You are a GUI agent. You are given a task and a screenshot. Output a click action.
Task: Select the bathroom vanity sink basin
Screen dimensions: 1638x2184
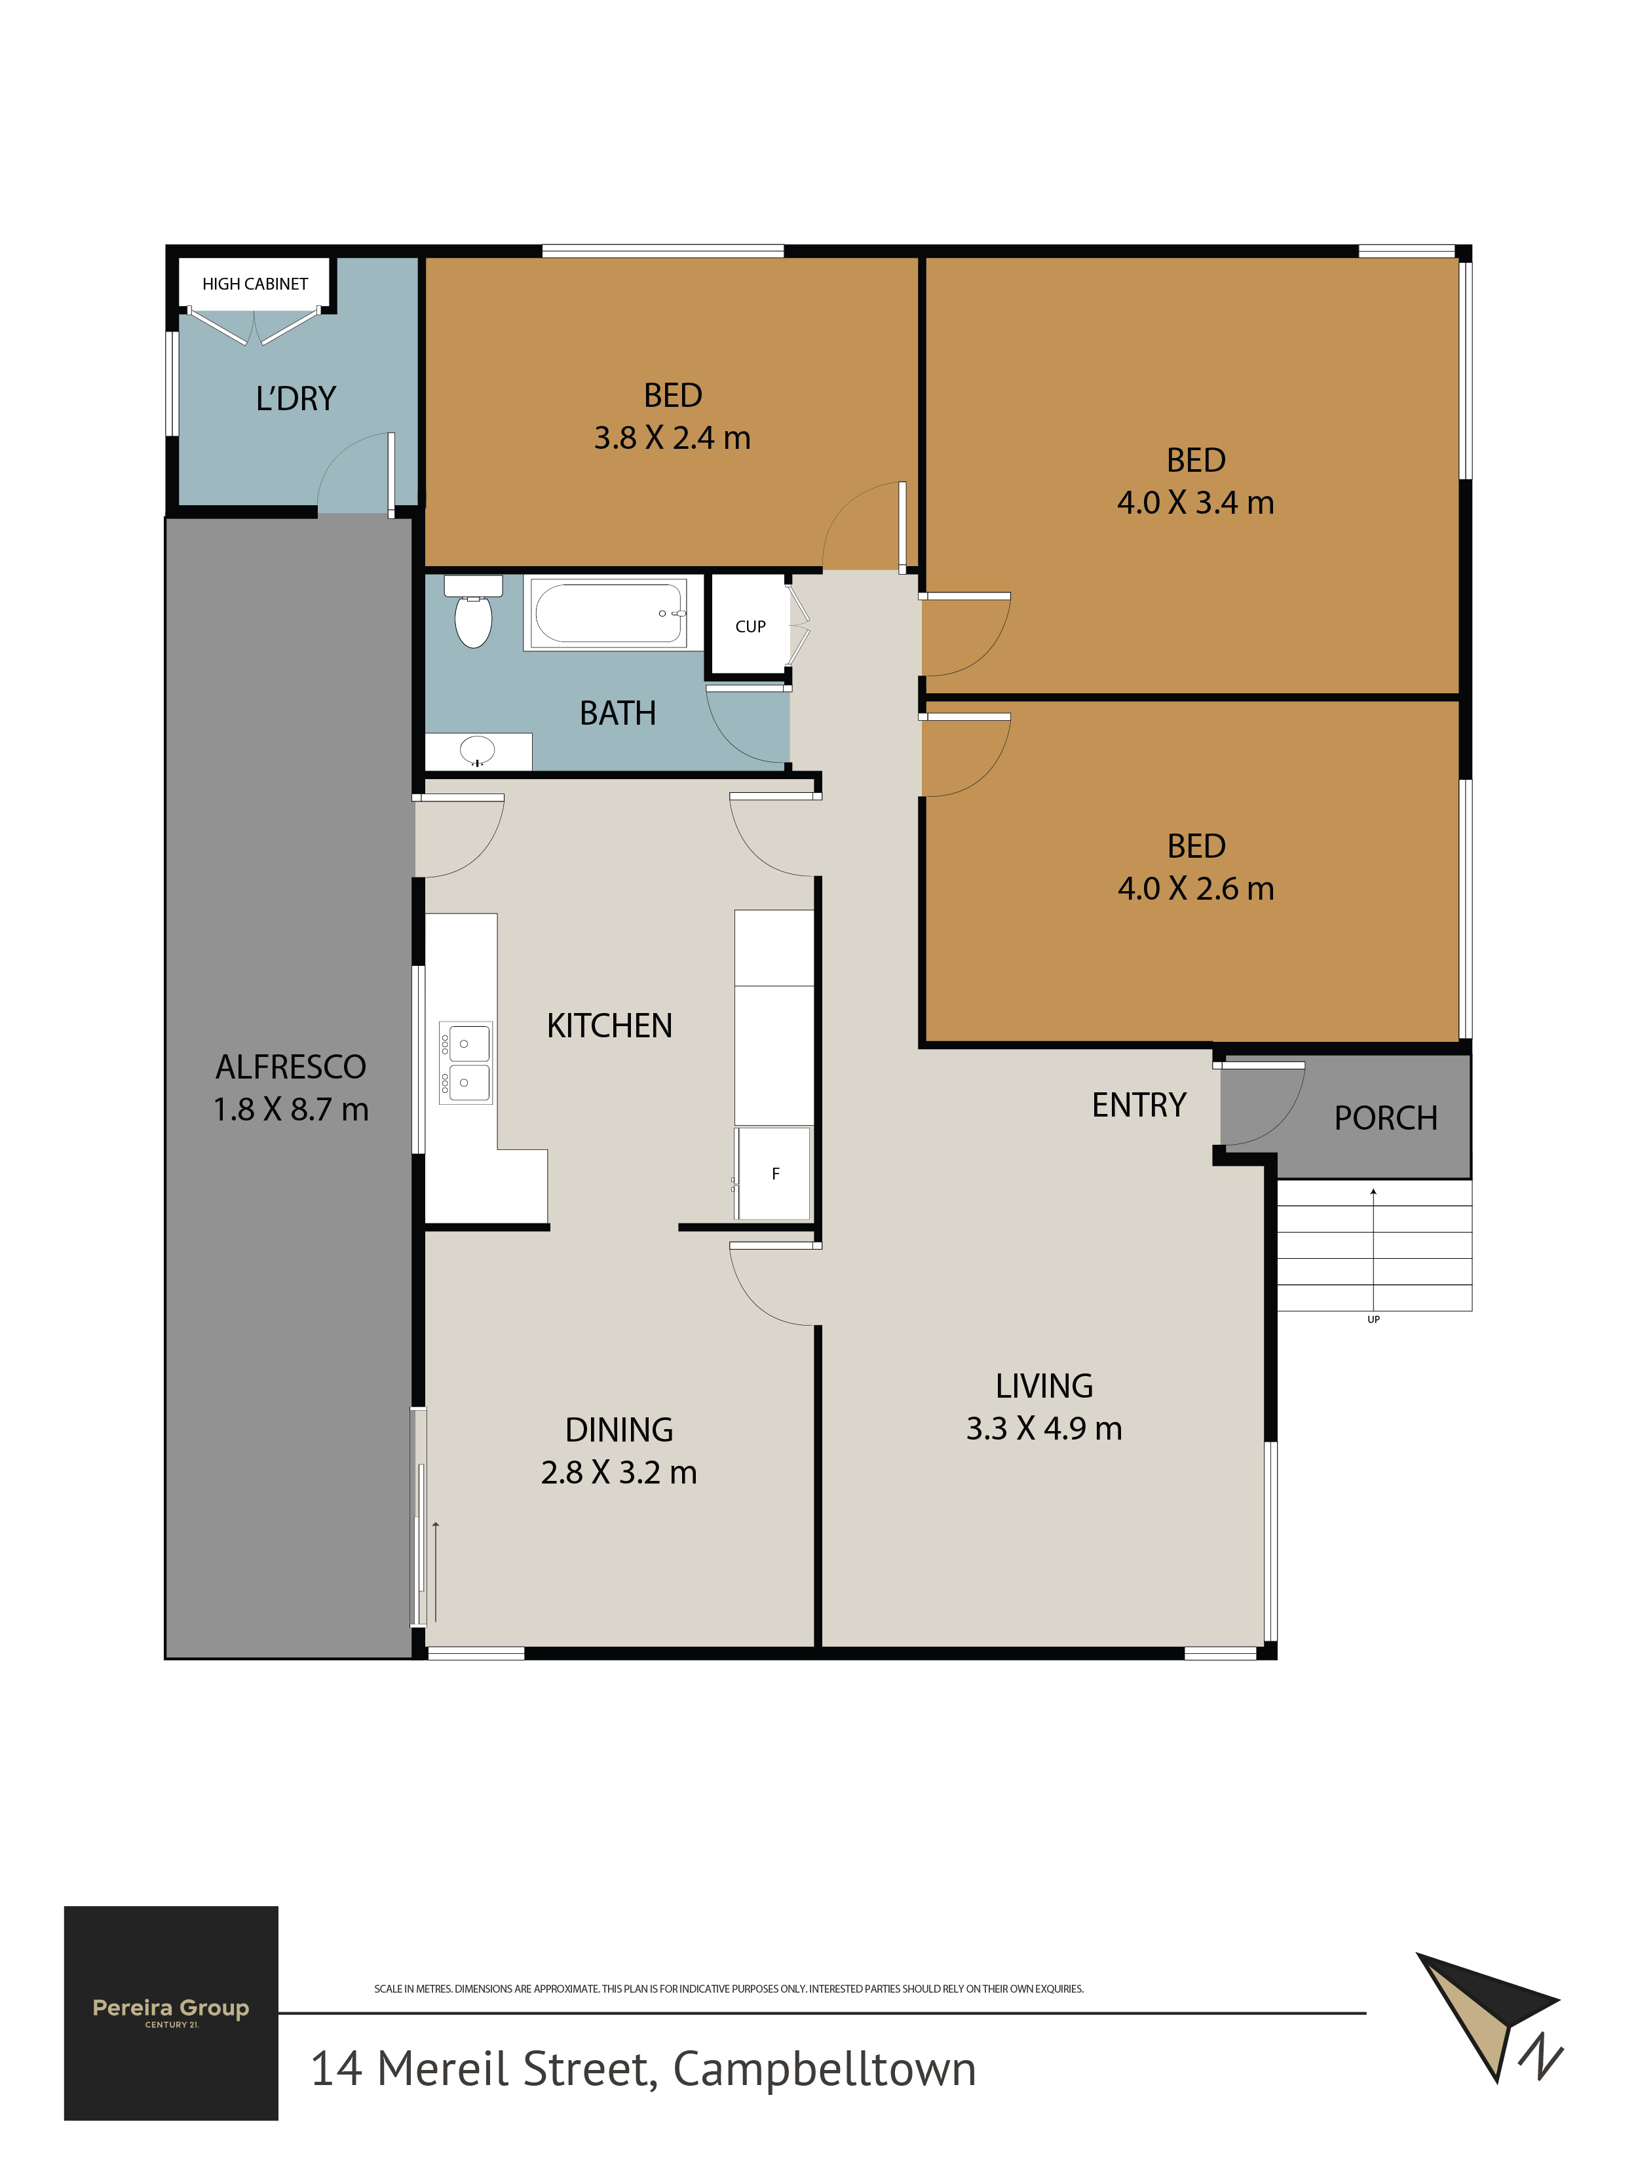pyautogui.click(x=478, y=750)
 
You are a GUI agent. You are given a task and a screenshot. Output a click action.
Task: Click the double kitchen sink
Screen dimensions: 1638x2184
pyautogui.click(x=465, y=1062)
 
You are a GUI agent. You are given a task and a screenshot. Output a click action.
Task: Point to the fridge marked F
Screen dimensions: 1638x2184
pyautogui.click(x=773, y=1173)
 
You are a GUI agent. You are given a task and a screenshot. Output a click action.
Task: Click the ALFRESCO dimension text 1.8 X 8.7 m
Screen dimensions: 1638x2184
pyautogui.click(x=292, y=1109)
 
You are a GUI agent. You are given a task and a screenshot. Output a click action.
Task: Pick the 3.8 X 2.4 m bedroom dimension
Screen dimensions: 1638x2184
pyautogui.click(x=672, y=438)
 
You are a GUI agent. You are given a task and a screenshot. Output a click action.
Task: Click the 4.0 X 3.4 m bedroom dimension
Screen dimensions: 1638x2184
pyautogui.click(x=1196, y=503)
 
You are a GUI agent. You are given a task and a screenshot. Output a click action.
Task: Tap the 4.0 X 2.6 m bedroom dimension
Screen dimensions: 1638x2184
pyautogui.click(x=1196, y=889)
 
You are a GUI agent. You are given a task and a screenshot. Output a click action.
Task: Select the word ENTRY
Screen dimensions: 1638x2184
pyautogui.click(x=1138, y=1105)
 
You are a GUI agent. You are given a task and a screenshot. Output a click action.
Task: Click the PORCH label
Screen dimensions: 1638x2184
pyautogui.click(x=1385, y=1118)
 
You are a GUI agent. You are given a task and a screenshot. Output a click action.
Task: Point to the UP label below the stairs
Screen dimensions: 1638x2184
pyautogui.click(x=1373, y=1319)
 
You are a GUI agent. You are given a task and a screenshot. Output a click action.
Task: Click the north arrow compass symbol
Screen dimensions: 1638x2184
pyautogui.click(x=1488, y=2014)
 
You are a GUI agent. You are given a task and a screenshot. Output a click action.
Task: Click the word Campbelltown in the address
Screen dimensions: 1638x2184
pyautogui.click(x=824, y=2069)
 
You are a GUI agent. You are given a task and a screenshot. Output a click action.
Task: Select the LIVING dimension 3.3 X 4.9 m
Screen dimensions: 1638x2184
pyautogui.click(x=1044, y=1428)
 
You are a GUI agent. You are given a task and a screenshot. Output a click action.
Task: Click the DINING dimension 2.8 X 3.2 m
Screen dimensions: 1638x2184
pyautogui.click(x=619, y=1472)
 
